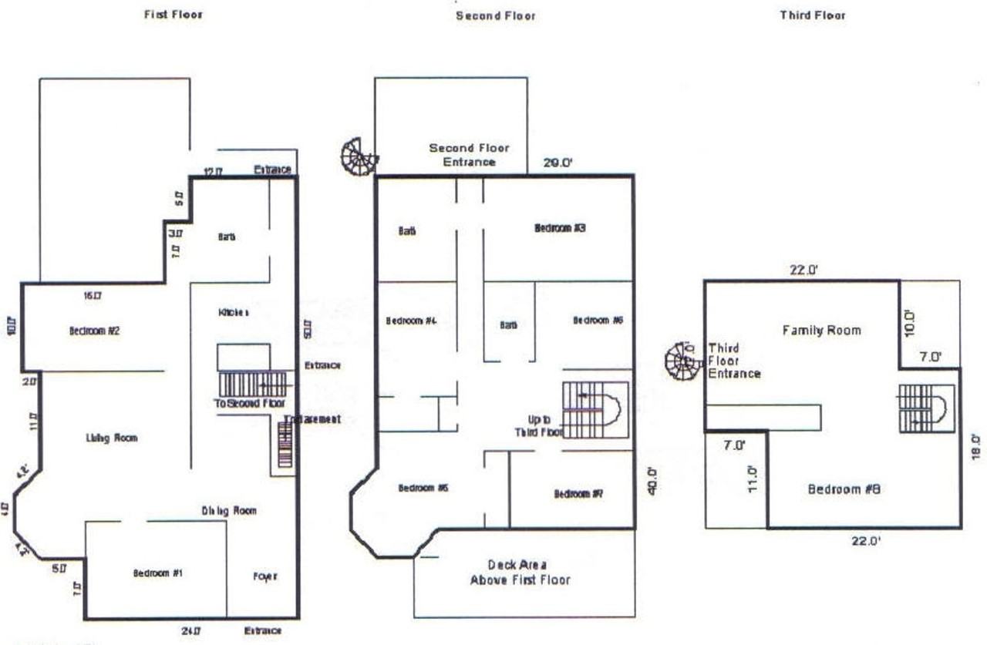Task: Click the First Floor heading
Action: (x=173, y=15)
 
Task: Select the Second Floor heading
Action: (x=495, y=15)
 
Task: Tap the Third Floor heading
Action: (x=812, y=15)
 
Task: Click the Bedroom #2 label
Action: (x=93, y=331)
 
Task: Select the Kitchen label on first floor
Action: (x=234, y=313)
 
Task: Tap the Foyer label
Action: (x=264, y=576)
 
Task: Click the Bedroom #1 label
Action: (x=158, y=573)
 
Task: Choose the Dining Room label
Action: (x=229, y=510)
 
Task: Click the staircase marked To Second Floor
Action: (x=252, y=383)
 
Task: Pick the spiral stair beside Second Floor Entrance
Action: (x=359, y=156)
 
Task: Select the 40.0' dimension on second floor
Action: (x=652, y=481)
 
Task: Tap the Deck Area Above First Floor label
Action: (x=520, y=572)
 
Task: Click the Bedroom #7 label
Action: (x=578, y=493)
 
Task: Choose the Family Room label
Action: (x=821, y=330)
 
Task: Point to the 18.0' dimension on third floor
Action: (x=975, y=447)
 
